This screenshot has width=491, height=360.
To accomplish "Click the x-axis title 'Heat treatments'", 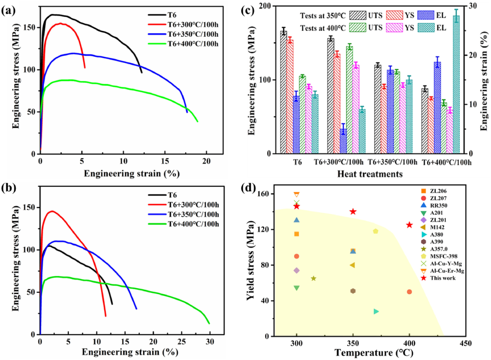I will pyautogui.click(x=371, y=174).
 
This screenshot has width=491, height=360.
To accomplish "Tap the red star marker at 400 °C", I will pyautogui.click(x=409, y=225).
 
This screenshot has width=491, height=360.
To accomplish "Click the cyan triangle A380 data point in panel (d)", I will pyautogui.click(x=376, y=311).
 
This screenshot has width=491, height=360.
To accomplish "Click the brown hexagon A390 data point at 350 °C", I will pyautogui.click(x=353, y=291).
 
